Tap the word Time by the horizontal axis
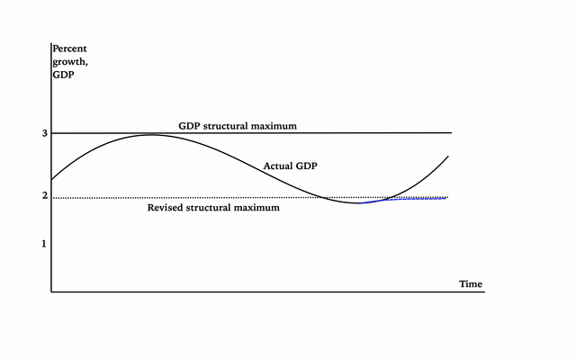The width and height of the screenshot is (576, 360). coord(471,284)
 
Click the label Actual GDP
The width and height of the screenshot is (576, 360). coord(291,166)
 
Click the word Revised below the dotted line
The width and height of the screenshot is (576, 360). coord(167,208)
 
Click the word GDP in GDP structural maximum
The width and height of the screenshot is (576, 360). coord(189,125)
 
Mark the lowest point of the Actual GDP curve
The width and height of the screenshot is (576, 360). coord(358,203)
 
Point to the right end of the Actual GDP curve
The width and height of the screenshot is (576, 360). coord(447,157)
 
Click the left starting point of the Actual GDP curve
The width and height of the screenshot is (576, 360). coord(52,180)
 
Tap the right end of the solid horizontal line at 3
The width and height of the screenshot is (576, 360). coord(451,133)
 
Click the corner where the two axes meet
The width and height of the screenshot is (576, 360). coord(51,292)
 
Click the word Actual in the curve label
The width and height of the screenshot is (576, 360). coord(278,166)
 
